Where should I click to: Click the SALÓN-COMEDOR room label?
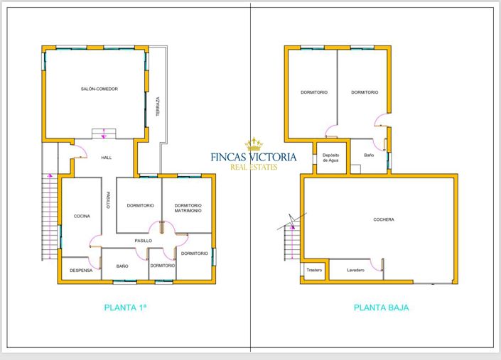pos(99,89)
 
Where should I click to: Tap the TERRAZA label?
pos(158,107)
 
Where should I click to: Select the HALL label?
pos(107,158)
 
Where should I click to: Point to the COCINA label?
pos(82,216)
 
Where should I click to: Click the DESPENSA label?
pos(81,270)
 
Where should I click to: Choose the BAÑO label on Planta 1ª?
pos(122,266)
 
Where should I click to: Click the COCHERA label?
pos(383,219)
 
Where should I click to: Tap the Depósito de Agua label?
pos(330,157)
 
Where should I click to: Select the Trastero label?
pos(314,270)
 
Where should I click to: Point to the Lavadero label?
pos(355,270)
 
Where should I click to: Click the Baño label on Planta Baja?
pos(369,155)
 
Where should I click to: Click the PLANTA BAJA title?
pos(381,307)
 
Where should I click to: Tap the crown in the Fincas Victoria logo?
pos(254,144)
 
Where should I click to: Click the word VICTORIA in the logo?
pos(270,157)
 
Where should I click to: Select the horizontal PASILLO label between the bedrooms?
pos(144,241)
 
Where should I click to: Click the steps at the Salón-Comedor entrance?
pos(104,133)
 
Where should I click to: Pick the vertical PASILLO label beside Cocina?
pos(108,200)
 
